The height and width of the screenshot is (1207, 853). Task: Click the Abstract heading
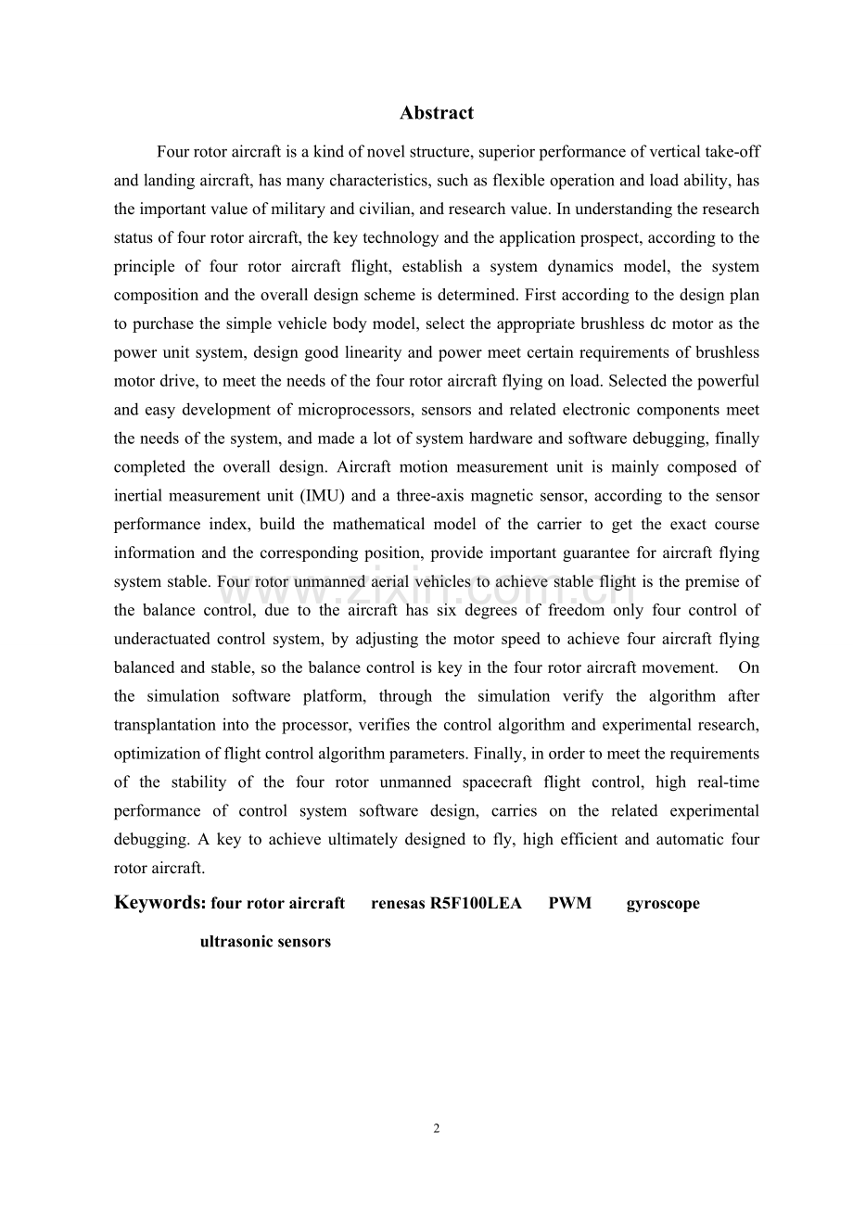[437, 113]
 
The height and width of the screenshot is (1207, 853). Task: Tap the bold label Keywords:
[159, 902]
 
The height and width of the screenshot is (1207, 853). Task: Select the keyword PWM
[569, 903]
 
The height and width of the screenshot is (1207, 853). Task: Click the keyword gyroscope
[663, 903]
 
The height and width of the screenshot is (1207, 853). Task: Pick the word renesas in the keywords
[399, 903]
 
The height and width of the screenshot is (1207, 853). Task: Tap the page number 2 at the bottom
[437, 1128]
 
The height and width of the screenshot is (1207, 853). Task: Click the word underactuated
[160, 639]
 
